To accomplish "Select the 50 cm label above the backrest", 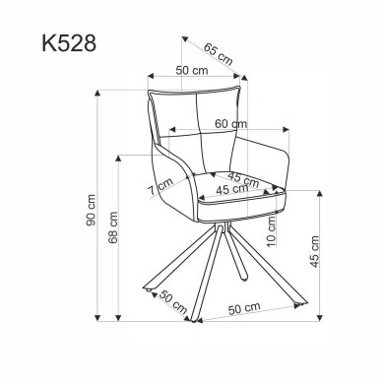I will (191, 71).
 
